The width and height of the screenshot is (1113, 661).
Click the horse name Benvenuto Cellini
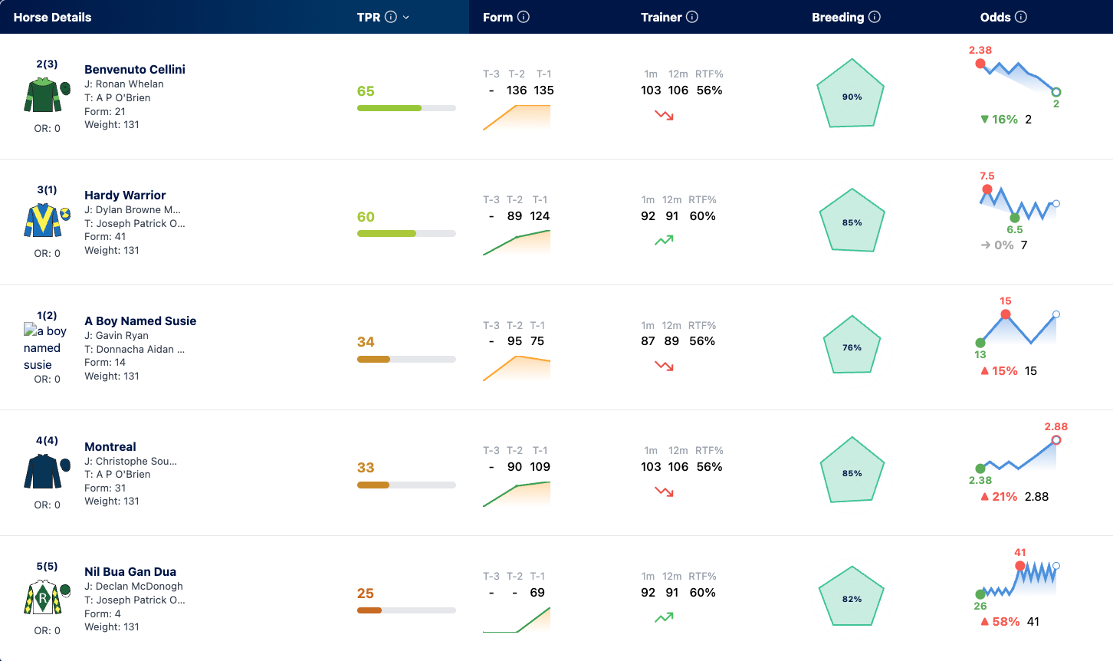coord(135,69)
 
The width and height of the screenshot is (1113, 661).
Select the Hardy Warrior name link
coord(125,195)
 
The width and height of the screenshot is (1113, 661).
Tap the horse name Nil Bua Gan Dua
coord(130,571)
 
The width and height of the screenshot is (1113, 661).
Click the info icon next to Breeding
coord(875,17)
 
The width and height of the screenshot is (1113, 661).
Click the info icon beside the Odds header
coord(1020,17)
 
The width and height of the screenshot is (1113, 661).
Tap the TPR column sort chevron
coord(406,18)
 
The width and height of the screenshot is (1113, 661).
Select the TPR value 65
coord(365,91)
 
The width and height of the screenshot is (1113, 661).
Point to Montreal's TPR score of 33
coord(365,468)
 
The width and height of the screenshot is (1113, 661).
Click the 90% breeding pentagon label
coord(852,97)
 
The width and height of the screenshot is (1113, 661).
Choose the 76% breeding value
coord(852,347)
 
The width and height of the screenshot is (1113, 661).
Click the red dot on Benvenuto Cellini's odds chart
coord(980,64)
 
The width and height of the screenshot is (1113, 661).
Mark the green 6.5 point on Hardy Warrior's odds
coord(1015,218)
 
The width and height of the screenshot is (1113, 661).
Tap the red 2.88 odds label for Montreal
coord(1056,427)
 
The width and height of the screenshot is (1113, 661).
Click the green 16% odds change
coord(1004,120)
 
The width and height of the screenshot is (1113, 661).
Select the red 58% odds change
coord(1006,622)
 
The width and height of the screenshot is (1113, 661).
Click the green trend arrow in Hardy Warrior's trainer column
coord(664,241)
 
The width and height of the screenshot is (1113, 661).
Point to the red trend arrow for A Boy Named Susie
coord(664,367)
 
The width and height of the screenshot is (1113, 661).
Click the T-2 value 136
coord(516,90)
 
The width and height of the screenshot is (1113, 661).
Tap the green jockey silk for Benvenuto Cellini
coord(43,94)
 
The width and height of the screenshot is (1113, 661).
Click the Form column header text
coord(497,18)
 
